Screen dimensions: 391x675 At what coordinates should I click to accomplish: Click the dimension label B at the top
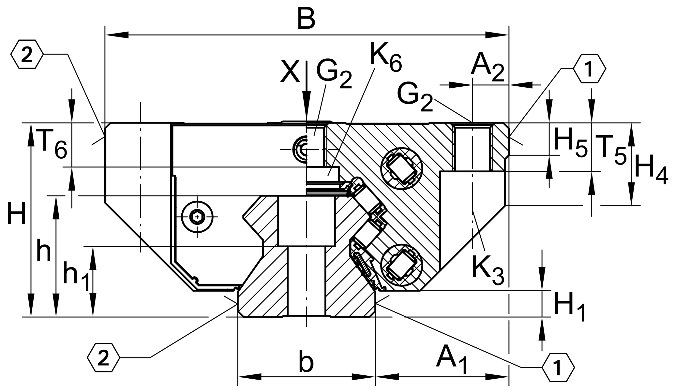tap(306, 20)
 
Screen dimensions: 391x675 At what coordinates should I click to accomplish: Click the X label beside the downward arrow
tap(290, 72)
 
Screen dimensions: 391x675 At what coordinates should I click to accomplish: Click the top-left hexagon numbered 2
tap(27, 54)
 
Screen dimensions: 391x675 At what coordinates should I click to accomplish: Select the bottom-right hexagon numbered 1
tap(558, 367)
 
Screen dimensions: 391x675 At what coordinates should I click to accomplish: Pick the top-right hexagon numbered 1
tap(590, 69)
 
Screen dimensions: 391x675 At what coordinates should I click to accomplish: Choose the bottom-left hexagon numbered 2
tap(103, 357)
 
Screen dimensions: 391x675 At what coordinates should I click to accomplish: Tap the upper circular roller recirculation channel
tap(401, 168)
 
